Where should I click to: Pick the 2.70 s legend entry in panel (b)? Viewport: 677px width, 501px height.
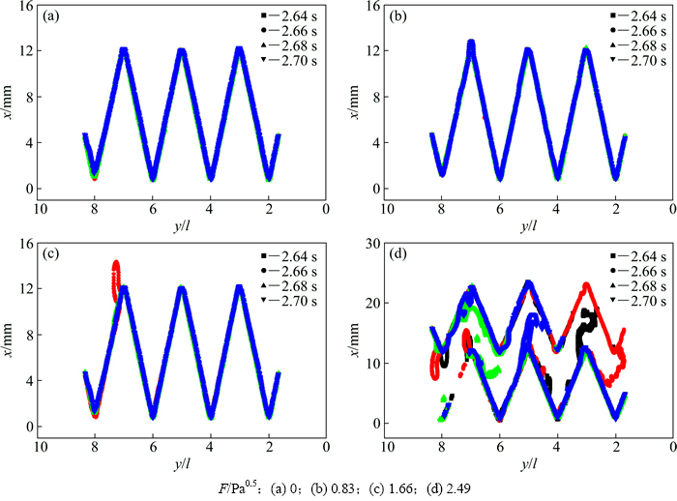point(638,60)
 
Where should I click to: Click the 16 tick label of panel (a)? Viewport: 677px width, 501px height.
point(26,7)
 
